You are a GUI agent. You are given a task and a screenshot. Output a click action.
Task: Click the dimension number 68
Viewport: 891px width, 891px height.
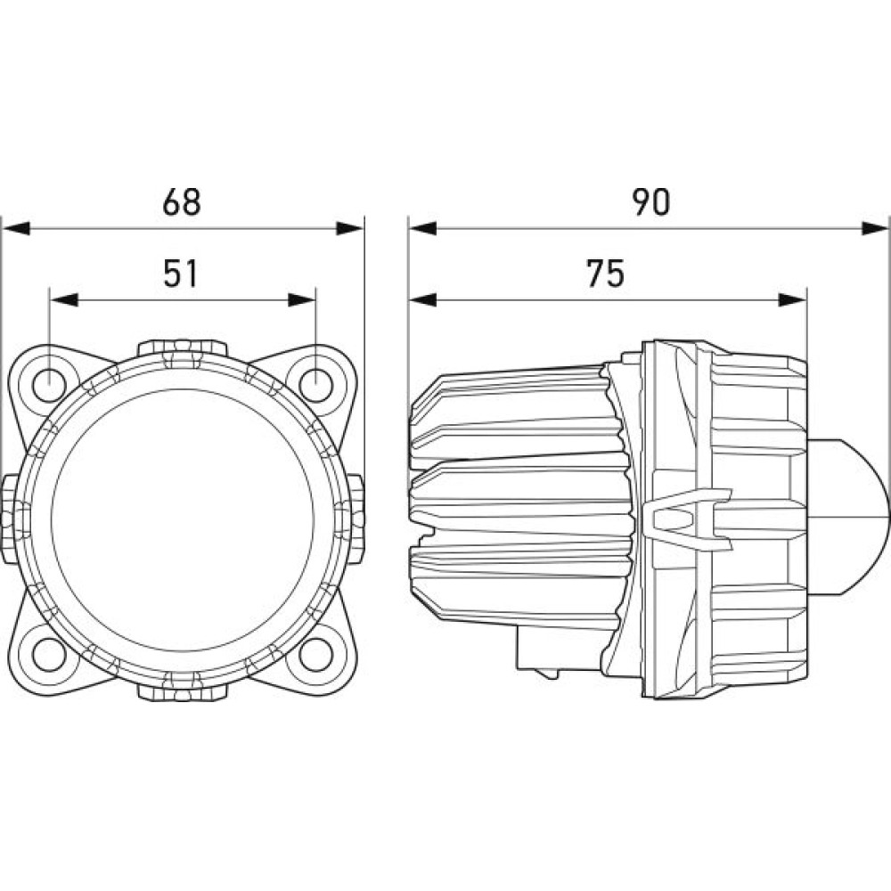click(x=181, y=201)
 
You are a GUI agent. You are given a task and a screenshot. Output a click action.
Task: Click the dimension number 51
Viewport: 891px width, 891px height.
click(x=180, y=274)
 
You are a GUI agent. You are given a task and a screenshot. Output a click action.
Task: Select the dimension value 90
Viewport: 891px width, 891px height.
click(x=652, y=201)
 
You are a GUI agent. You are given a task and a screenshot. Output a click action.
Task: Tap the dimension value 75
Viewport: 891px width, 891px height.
click(x=606, y=274)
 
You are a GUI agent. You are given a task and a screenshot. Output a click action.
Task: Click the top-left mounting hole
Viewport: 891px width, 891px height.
click(x=49, y=385)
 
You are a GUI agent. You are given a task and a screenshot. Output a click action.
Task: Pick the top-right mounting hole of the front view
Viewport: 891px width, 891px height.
click(x=315, y=385)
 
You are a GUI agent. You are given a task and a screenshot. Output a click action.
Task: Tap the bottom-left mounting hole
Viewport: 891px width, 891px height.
click(x=49, y=654)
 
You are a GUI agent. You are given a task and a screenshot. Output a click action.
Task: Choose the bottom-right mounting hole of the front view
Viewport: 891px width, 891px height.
click(x=315, y=654)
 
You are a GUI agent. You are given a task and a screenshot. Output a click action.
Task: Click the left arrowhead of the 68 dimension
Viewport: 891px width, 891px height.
click(x=15, y=229)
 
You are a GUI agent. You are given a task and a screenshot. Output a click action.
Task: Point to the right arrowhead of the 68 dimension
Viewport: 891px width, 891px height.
click(x=349, y=229)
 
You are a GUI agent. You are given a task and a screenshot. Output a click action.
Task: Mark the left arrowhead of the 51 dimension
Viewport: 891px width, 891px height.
click(x=63, y=300)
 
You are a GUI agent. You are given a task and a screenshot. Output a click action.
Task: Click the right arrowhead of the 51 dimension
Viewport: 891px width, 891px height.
click(x=301, y=300)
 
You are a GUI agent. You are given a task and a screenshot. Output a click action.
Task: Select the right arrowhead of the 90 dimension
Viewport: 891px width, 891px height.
click(x=875, y=229)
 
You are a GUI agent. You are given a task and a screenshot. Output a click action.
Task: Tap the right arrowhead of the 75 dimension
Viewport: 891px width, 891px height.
click(x=793, y=300)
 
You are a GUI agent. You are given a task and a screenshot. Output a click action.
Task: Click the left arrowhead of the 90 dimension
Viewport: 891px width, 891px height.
click(x=422, y=229)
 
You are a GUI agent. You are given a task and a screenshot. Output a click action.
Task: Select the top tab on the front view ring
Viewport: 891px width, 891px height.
click(x=182, y=349)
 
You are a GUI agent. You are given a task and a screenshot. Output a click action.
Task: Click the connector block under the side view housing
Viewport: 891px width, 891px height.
click(x=537, y=649)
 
